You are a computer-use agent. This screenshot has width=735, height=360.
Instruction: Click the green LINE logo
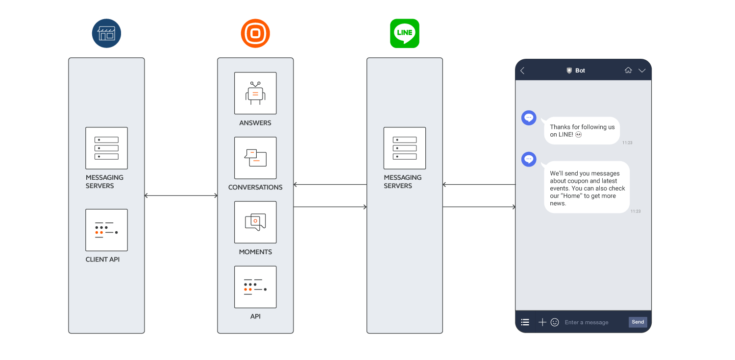tap(404, 33)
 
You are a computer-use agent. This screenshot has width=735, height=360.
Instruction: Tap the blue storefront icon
tap(106, 33)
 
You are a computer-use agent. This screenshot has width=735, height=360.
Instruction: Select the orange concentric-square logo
tap(255, 33)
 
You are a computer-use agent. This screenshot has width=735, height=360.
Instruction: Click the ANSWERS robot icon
tap(255, 93)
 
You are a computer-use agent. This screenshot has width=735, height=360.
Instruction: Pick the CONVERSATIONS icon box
tap(255, 158)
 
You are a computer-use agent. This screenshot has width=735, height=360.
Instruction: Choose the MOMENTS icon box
tap(255, 222)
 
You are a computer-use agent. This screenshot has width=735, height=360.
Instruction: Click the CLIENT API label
tap(102, 259)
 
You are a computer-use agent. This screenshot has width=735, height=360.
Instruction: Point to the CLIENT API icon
tap(106, 230)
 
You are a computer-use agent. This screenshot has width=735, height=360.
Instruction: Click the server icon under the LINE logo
tap(404, 148)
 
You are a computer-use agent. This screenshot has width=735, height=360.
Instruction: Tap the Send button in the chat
tap(637, 322)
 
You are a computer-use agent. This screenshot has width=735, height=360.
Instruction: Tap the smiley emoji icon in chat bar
tap(555, 322)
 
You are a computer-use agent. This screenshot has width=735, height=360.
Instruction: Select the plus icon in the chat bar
tap(542, 322)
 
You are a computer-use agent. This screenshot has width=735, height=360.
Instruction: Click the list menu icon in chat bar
tap(525, 322)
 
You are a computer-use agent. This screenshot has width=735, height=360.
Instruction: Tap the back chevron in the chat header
tap(522, 71)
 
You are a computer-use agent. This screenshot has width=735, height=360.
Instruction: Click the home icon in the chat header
tap(628, 71)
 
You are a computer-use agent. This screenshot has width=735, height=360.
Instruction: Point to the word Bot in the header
tap(580, 71)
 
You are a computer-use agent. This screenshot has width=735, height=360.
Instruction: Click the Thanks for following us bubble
tap(582, 130)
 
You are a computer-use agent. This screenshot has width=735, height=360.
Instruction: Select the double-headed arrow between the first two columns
tap(181, 196)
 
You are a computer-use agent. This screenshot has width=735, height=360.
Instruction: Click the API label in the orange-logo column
tap(255, 316)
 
